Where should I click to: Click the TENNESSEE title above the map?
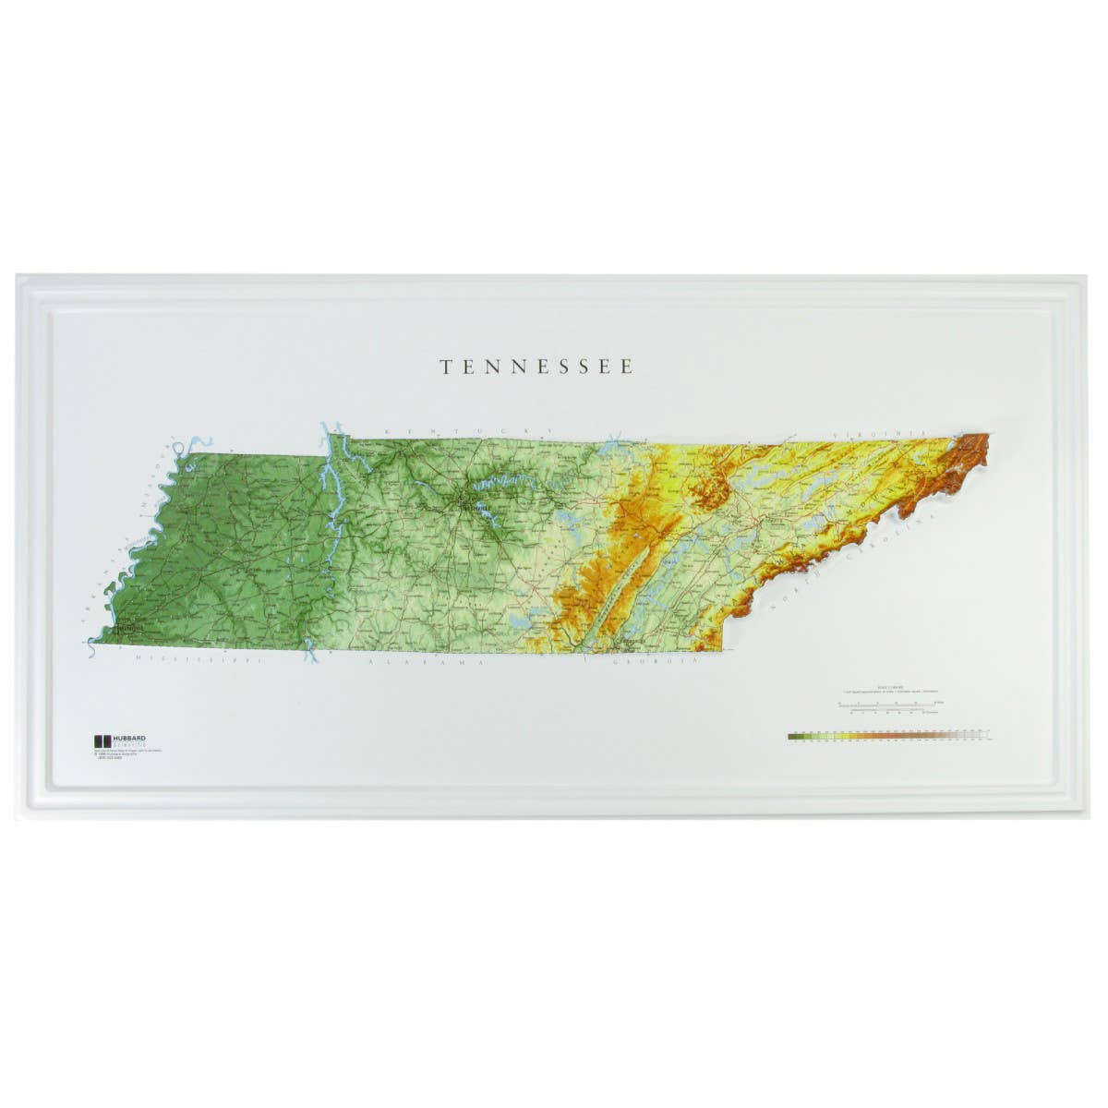click(536, 367)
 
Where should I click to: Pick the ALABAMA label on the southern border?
click(426, 663)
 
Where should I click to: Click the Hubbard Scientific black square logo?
click(102, 741)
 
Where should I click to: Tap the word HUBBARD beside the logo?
click(129, 738)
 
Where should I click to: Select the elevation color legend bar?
click(886, 737)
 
